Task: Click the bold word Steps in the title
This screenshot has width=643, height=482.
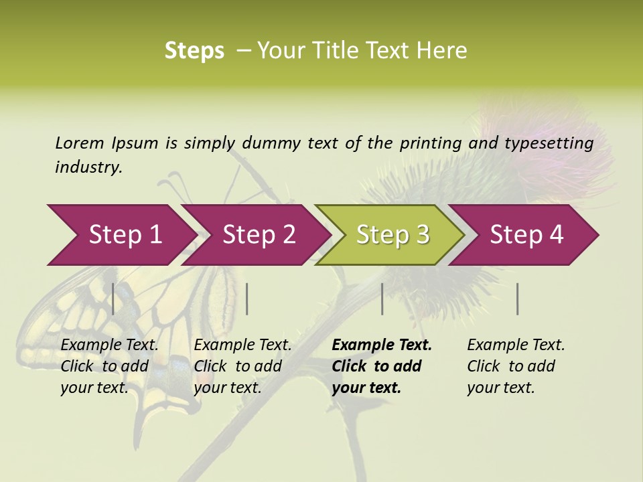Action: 194,51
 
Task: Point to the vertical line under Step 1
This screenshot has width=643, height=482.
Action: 113,299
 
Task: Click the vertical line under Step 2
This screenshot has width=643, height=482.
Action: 247,299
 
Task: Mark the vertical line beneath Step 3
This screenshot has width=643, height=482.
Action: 382,299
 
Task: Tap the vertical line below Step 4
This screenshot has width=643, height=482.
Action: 518,299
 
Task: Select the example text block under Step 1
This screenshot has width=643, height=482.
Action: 109,366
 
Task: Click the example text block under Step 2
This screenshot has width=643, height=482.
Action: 242,366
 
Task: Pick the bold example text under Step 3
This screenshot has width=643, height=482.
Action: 382,366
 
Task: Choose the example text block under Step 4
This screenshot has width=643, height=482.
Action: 516,366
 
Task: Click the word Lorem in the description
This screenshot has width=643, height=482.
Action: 80,143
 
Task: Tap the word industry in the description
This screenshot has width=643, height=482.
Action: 88,167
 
